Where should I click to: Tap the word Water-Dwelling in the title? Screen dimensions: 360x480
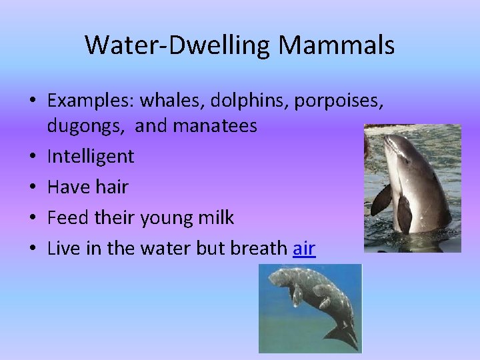pos(178,45)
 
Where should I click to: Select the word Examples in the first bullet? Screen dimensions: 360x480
pos(89,101)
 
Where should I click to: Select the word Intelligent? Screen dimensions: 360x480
pos(91,157)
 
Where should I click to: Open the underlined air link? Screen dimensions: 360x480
pos(304,248)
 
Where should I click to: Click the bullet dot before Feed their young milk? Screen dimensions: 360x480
pos(33,218)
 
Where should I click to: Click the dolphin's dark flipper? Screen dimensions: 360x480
pos(404,213)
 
